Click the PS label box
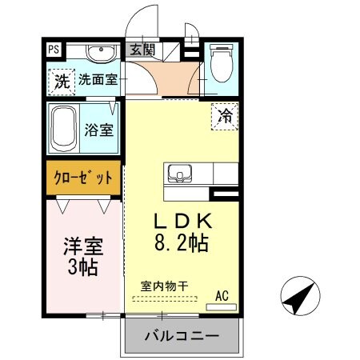pyautogui.click(x=54, y=48)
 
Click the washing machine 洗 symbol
pyautogui.click(x=61, y=80)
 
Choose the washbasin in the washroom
pyautogui.click(x=100, y=54)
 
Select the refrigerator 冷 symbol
pyautogui.click(x=226, y=115)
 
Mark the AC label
pyautogui.click(x=222, y=295)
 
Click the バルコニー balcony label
pyautogui.click(x=182, y=337)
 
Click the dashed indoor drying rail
pyautogui.click(x=164, y=299)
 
